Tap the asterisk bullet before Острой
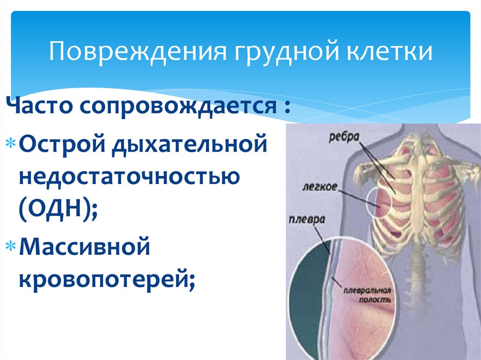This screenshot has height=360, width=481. point(13,143)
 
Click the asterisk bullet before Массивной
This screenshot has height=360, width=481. point(13,245)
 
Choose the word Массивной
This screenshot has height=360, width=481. point(84,246)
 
